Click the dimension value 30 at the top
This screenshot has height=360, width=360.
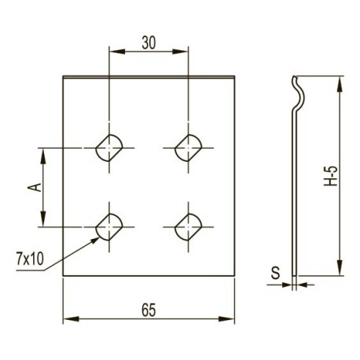coord(149,43)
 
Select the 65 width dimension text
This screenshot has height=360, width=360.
coord(149,310)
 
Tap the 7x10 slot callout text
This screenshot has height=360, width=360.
coord(30,259)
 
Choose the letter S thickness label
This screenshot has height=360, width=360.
coord(275,273)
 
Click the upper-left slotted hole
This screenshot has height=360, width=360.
coord(109,148)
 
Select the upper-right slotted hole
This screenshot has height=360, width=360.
coord(189,148)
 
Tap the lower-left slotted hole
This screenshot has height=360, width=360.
coord(109,227)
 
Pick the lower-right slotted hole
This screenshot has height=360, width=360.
coord(189,227)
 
